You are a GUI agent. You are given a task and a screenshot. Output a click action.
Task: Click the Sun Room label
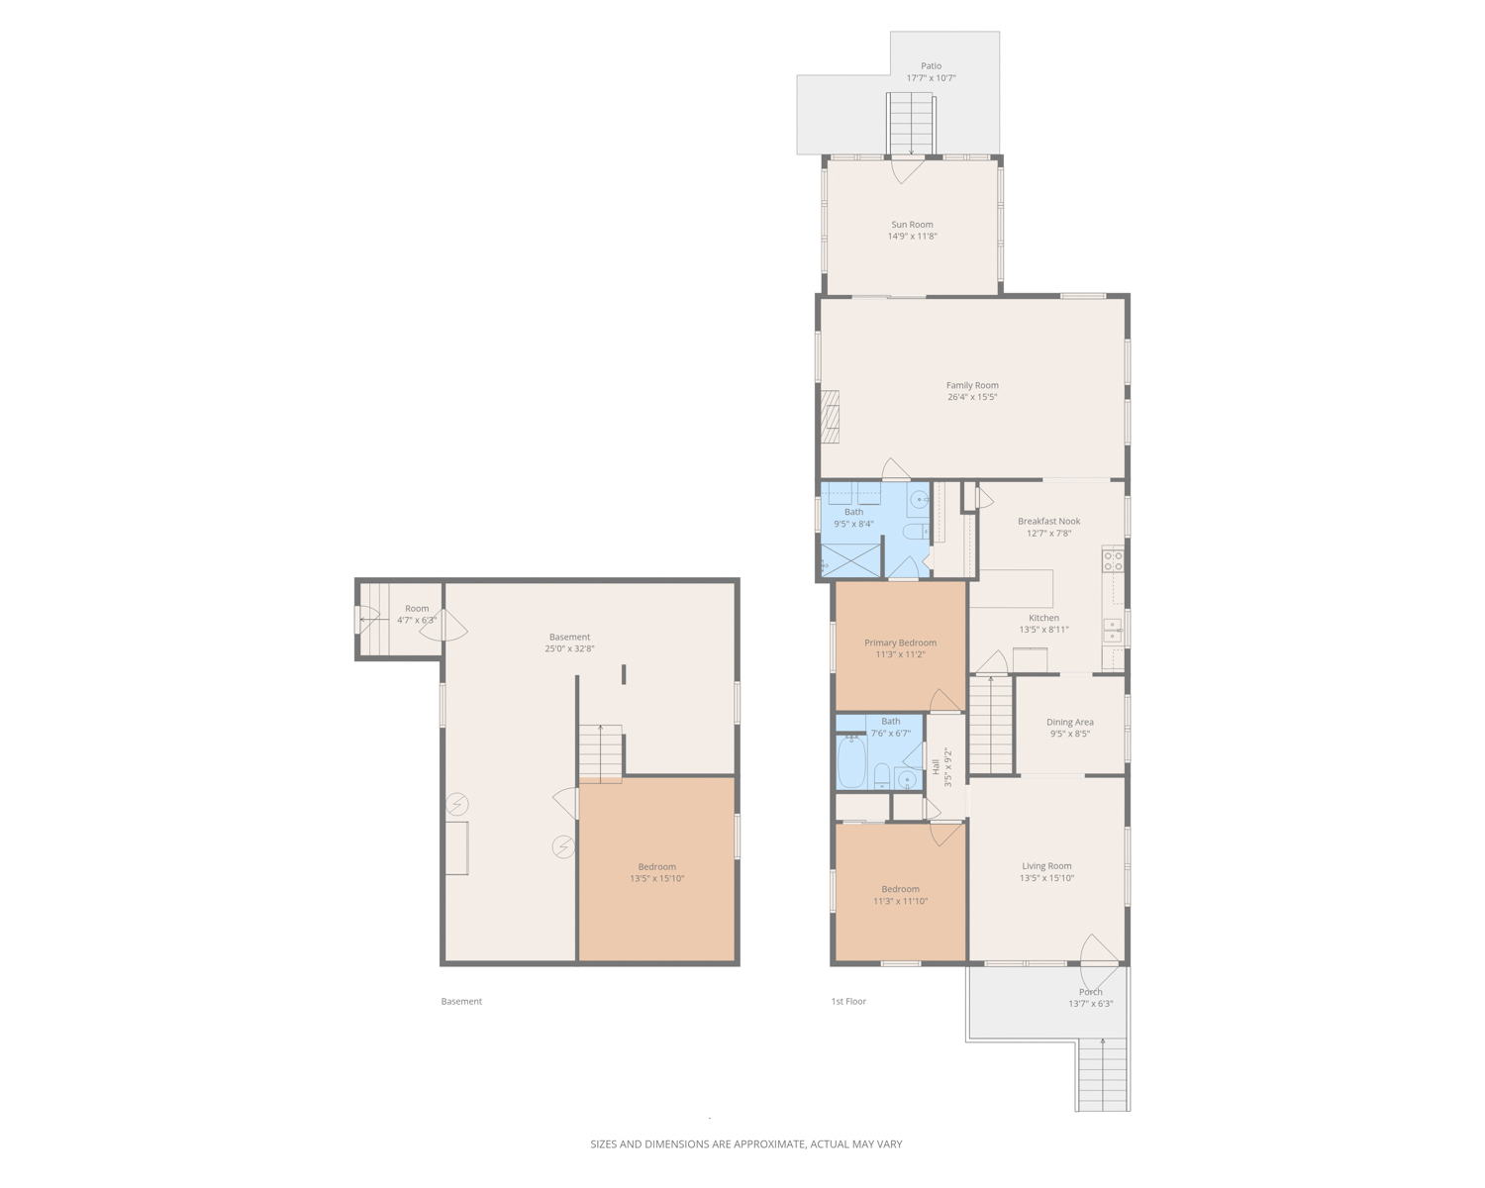coord(912,225)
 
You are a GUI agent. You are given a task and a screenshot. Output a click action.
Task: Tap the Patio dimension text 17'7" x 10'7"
coord(931,78)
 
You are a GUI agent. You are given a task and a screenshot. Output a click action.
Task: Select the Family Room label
coord(971,385)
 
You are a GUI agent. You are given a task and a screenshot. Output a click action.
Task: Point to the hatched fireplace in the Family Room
coord(830,417)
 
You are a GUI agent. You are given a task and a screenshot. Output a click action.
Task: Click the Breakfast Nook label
coord(1048,521)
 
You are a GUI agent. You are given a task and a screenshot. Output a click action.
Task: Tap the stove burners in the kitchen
coord(1113,559)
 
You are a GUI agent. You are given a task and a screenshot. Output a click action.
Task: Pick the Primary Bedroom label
coord(900,643)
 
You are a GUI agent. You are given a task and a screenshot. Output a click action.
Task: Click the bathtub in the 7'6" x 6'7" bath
coord(851,761)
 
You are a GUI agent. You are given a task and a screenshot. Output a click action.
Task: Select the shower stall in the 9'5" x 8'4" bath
coord(850,560)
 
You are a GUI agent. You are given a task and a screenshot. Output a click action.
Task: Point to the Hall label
coord(936,767)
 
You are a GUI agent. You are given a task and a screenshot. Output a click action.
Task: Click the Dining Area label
coord(1069,722)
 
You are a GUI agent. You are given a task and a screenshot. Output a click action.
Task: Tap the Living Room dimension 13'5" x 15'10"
coord(1046,878)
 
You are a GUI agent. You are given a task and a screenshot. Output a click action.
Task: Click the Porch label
coord(1090,992)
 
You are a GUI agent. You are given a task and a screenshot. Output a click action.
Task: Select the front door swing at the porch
coord(1099,961)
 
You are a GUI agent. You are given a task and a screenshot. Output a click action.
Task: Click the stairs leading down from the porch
coord(1102,1074)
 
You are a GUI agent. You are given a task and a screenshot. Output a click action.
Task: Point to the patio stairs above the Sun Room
coord(911,125)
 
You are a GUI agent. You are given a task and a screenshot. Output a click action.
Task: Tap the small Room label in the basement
coord(417,608)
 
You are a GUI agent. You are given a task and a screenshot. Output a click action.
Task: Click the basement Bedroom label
coord(656,867)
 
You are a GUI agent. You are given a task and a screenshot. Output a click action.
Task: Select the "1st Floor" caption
coord(848,1001)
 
